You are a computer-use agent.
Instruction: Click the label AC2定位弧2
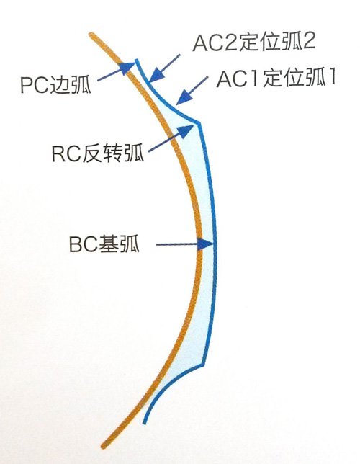pos(254,42)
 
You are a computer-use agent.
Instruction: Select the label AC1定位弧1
pos(276,78)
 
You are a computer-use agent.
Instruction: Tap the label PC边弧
pos(55,84)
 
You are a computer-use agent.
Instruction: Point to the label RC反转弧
pos(98,153)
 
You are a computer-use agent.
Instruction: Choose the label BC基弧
pos(104,244)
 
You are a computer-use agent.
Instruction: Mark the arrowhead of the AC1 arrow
pos(184,97)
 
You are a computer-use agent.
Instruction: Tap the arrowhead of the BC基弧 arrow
pos(205,244)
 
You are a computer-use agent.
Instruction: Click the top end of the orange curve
pos(92,35)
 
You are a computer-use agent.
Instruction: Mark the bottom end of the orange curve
pos(104,445)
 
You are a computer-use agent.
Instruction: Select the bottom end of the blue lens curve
pos(144,422)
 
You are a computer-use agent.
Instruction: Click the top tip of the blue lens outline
pos(137,60)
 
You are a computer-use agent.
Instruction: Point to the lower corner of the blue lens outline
pos(203,363)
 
